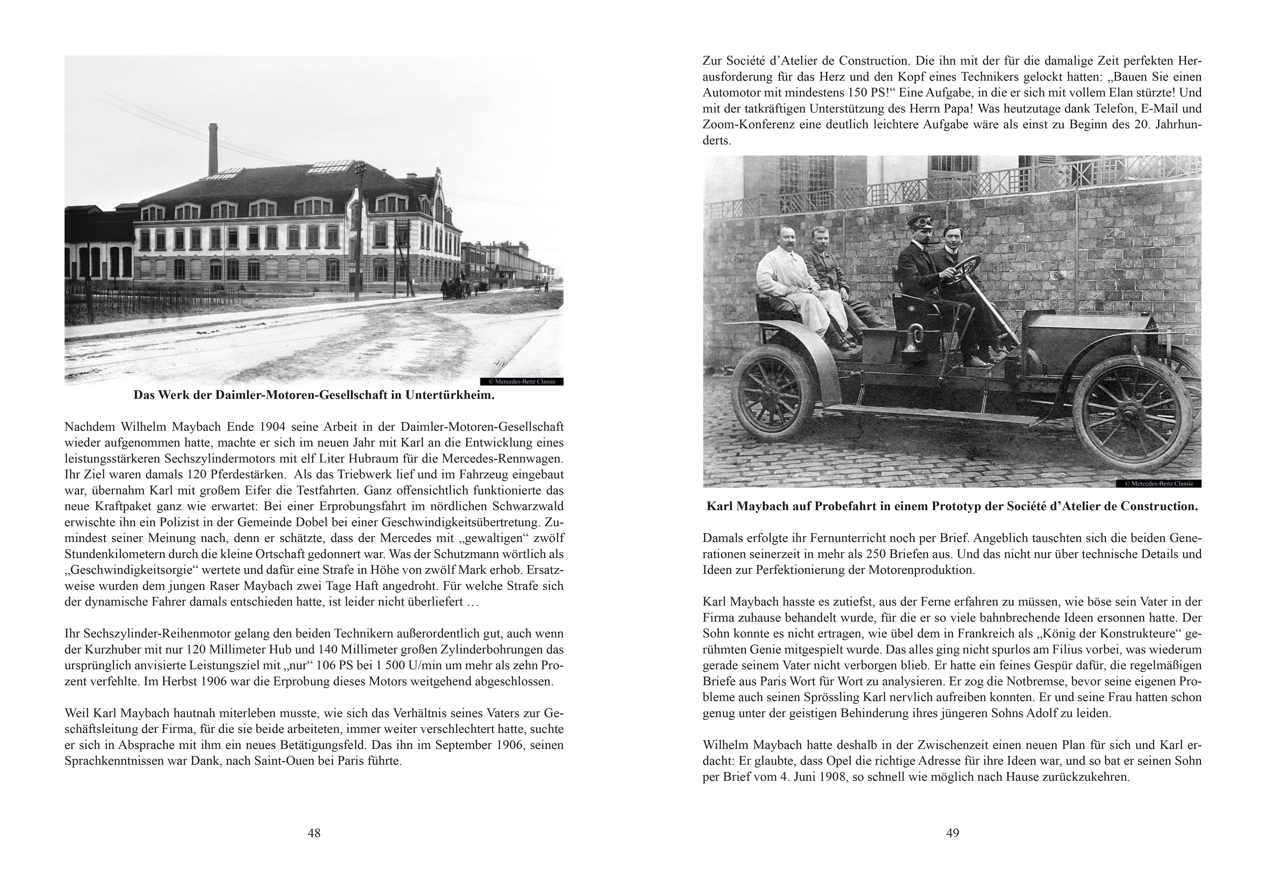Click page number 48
[314, 833]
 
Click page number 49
[952, 833]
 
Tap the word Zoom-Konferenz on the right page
[751, 124]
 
